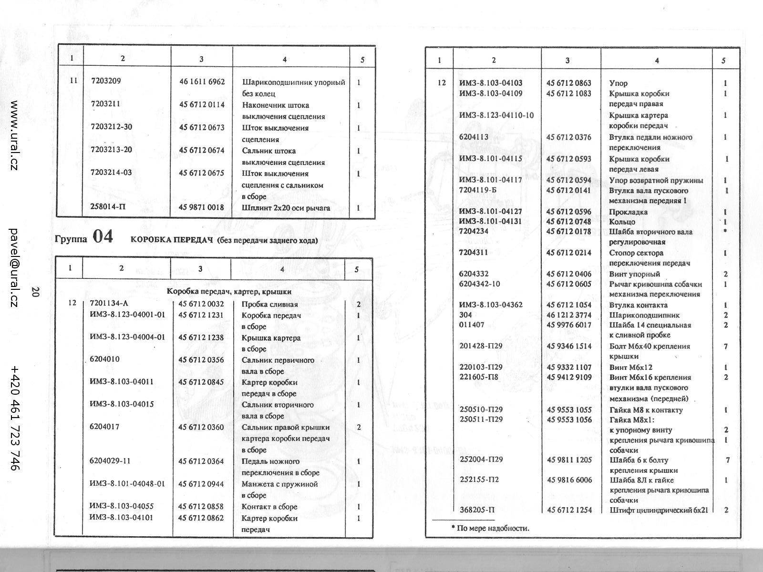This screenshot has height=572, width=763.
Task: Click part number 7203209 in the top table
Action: pos(106,81)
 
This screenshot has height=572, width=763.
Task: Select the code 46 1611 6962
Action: pos(202,82)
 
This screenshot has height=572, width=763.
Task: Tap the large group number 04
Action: pos(103,236)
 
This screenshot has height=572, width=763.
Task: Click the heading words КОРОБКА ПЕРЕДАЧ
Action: pos(171,240)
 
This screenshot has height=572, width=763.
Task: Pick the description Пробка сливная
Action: pos(269,305)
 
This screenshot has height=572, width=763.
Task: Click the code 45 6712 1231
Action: pos(201,315)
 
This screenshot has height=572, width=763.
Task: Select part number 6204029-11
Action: pos(110,461)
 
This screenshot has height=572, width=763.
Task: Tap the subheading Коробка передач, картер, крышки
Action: pos(229,291)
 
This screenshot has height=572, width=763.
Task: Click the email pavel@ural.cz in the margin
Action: pos(14,267)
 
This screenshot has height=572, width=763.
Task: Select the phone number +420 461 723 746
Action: pos(15,419)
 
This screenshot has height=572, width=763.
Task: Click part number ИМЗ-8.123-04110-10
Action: pos(496,115)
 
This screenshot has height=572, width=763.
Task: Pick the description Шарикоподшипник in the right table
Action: pos(644,315)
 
